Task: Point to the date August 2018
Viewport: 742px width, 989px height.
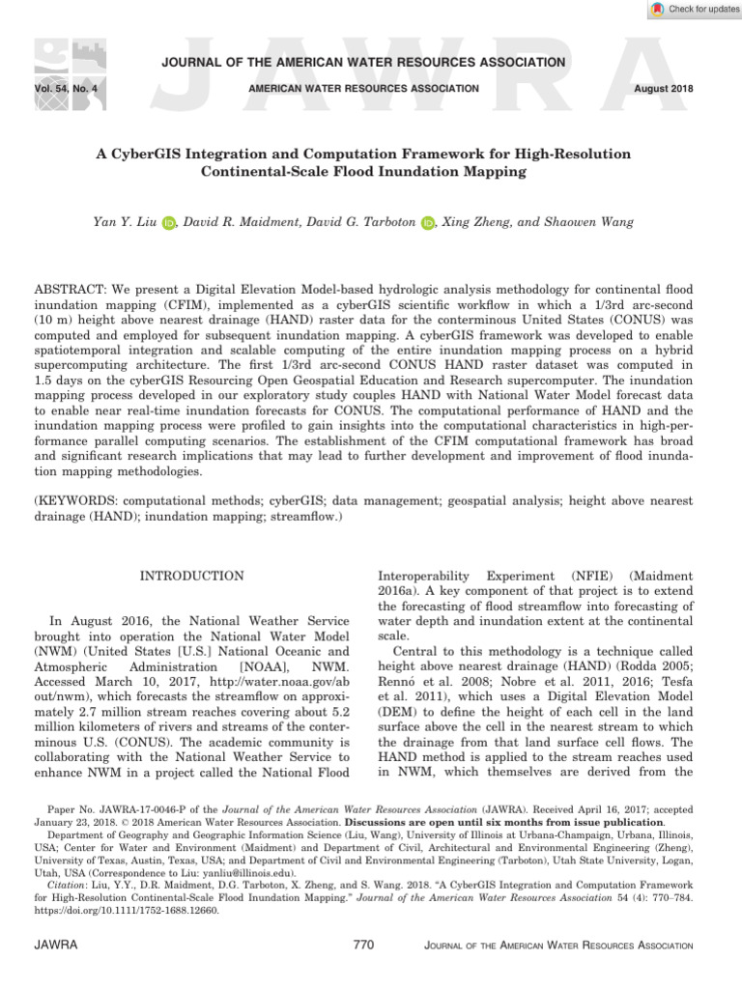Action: pyautogui.click(x=670, y=89)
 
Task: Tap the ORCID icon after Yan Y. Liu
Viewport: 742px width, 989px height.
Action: pyautogui.click(x=169, y=224)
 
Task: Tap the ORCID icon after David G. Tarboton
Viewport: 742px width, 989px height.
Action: pyautogui.click(x=428, y=224)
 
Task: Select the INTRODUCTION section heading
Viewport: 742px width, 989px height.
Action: pyautogui.click(x=192, y=577)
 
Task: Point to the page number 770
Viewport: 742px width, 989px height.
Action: pyautogui.click(x=363, y=945)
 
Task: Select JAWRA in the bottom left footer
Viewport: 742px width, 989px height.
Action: pyautogui.click(x=56, y=945)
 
